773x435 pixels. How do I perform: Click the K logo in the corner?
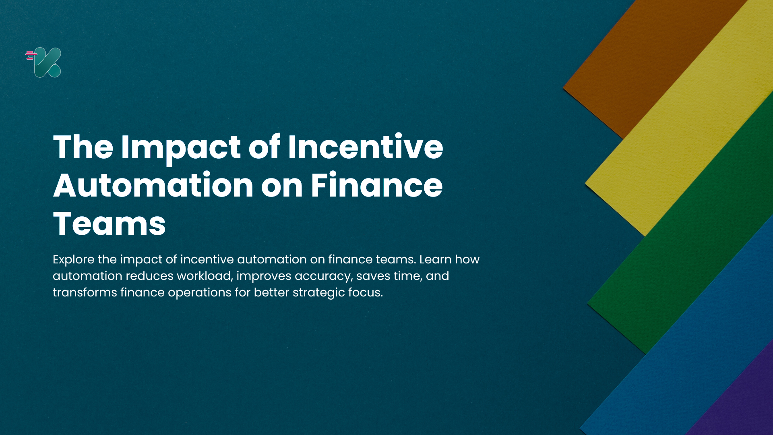(x=47, y=62)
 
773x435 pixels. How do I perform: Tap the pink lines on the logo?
(x=31, y=55)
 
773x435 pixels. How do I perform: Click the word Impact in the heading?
(x=181, y=147)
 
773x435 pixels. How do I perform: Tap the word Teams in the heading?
(x=109, y=224)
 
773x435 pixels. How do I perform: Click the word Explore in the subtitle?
(x=74, y=260)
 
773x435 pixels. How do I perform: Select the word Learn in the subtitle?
(x=436, y=259)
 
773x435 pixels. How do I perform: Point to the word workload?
(x=205, y=276)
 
